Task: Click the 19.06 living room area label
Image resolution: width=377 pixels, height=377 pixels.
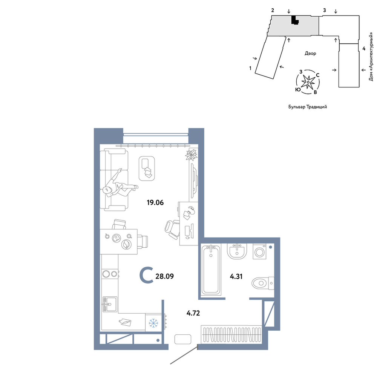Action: tap(155, 203)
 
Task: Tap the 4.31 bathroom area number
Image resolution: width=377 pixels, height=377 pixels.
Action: tap(236, 276)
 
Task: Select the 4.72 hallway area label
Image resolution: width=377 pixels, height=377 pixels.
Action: tap(193, 313)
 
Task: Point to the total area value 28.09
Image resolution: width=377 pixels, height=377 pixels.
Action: tap(165, 276)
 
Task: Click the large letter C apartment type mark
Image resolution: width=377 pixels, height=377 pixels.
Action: tap(146, 276)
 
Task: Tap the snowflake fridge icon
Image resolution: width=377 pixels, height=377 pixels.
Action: tap(153, 323)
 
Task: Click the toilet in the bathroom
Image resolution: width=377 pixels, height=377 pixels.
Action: tap(263, 284)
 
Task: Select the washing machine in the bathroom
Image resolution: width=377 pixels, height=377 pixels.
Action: tap(260, 252)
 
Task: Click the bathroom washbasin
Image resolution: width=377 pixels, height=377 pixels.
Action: tap(237, 251)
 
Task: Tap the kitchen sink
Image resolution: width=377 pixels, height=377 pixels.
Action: tap(110, 304)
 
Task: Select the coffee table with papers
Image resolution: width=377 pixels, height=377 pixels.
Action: tap(147, 168)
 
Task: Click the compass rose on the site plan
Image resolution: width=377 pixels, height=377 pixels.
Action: tap(308, 82)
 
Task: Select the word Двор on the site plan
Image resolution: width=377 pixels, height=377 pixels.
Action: tap(310, 54)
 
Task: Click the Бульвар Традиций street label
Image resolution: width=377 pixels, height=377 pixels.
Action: tap(308, 107)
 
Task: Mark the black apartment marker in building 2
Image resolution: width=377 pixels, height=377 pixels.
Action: tap(294, 20)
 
